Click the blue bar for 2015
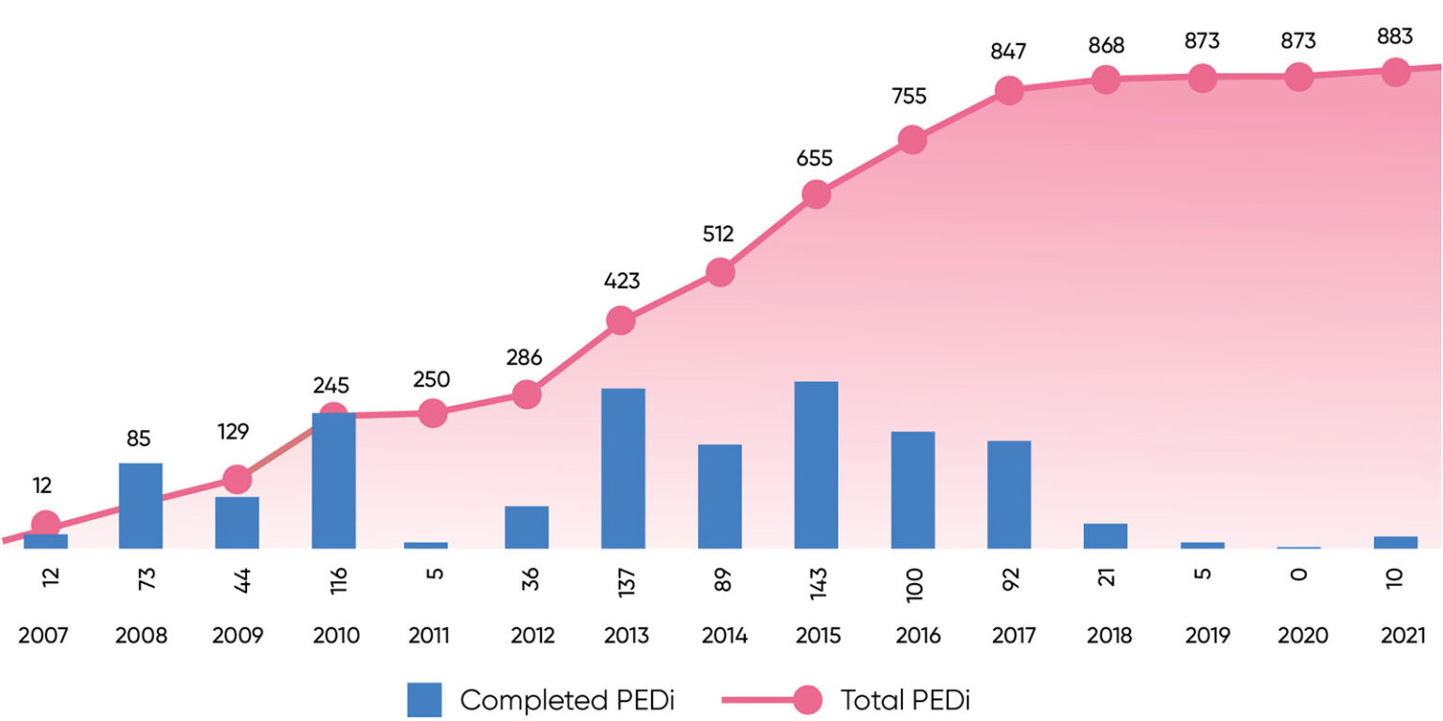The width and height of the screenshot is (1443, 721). pos(815,465)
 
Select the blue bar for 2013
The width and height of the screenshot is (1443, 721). pos(623,468)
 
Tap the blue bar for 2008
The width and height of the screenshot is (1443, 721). pos(140,505)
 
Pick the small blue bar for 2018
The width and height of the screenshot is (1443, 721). pos(1105,536)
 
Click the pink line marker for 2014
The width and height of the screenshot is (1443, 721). pos(719,273)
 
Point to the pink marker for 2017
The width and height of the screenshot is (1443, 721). pos(1008,90)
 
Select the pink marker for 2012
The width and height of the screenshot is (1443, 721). pos(526,394)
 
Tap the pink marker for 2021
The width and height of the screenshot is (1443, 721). pos(1395,71)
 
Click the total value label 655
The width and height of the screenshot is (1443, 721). pos(815,159)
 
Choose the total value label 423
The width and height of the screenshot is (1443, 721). pos(621,281)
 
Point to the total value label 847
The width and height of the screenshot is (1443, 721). pos(1008,53)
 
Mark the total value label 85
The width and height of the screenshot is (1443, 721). pos(139,438)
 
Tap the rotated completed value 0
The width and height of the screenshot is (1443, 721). pos(1299,575)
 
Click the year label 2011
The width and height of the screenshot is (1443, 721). pos(429,637)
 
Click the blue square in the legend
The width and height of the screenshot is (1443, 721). pos(424,699)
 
